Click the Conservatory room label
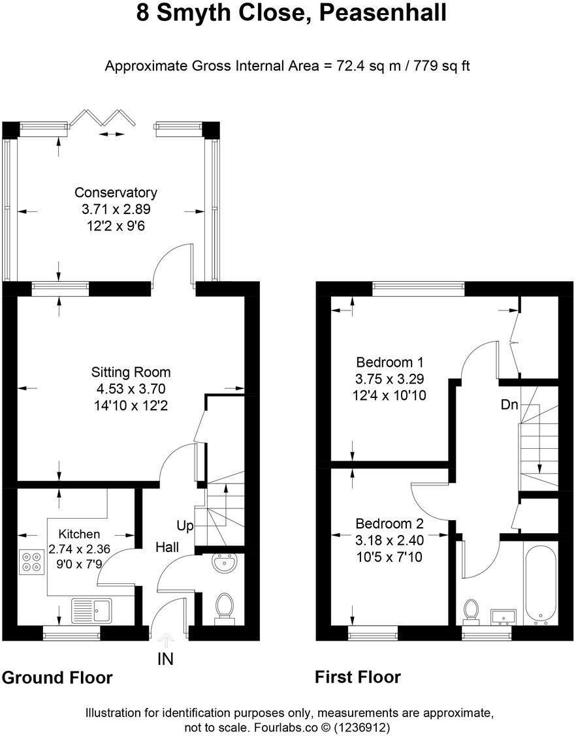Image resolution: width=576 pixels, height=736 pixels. coord(115,192)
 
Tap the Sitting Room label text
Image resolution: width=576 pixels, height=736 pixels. coord(131,373)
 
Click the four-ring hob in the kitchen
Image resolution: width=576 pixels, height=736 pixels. coord(30,562)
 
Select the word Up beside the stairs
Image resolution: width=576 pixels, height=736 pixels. coord(184,525)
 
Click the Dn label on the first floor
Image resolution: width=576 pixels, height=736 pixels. coord(509,405)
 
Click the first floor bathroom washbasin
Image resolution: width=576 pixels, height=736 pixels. coord(503,617)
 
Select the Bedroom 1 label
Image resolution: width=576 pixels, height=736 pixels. coord(389,362)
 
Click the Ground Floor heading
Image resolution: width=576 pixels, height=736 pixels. coord(57,678)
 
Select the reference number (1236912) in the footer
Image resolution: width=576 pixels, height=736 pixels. coord(362,726)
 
